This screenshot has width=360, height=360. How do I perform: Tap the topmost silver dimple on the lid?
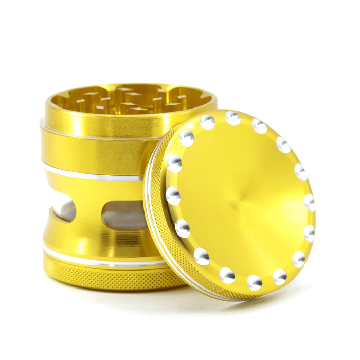coord(232,118)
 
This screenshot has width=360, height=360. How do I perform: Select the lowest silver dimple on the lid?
coord(254,282)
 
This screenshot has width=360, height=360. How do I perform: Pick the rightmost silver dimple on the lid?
coord(310,203)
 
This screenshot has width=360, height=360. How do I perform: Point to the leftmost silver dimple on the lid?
coord(173,196)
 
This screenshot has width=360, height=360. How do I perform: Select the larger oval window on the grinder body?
coord(123,214)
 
